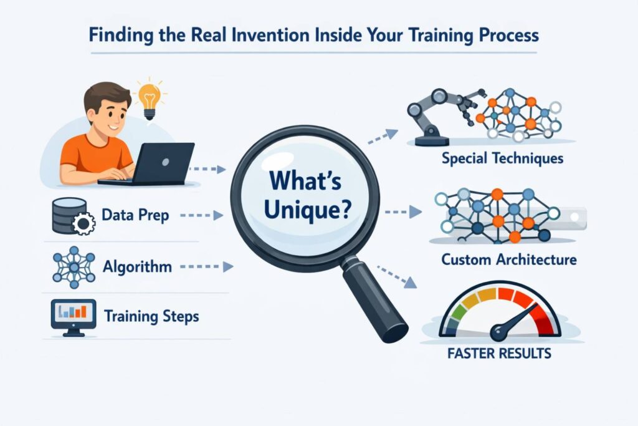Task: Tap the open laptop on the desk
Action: (x=163, y=163)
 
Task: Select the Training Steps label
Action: (x=151, y=316)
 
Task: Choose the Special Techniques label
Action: (x=502, y=158)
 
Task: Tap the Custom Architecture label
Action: (x=508, y=259)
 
